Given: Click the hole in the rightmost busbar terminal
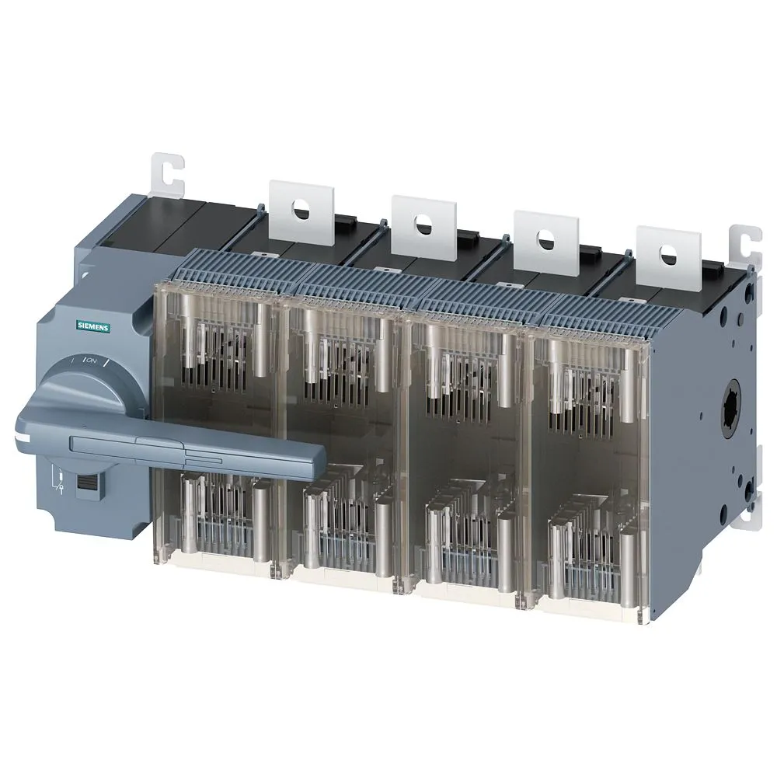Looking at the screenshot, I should click(x=666, y=252).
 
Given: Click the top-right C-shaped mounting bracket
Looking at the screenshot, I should click(x=747, y=241).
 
